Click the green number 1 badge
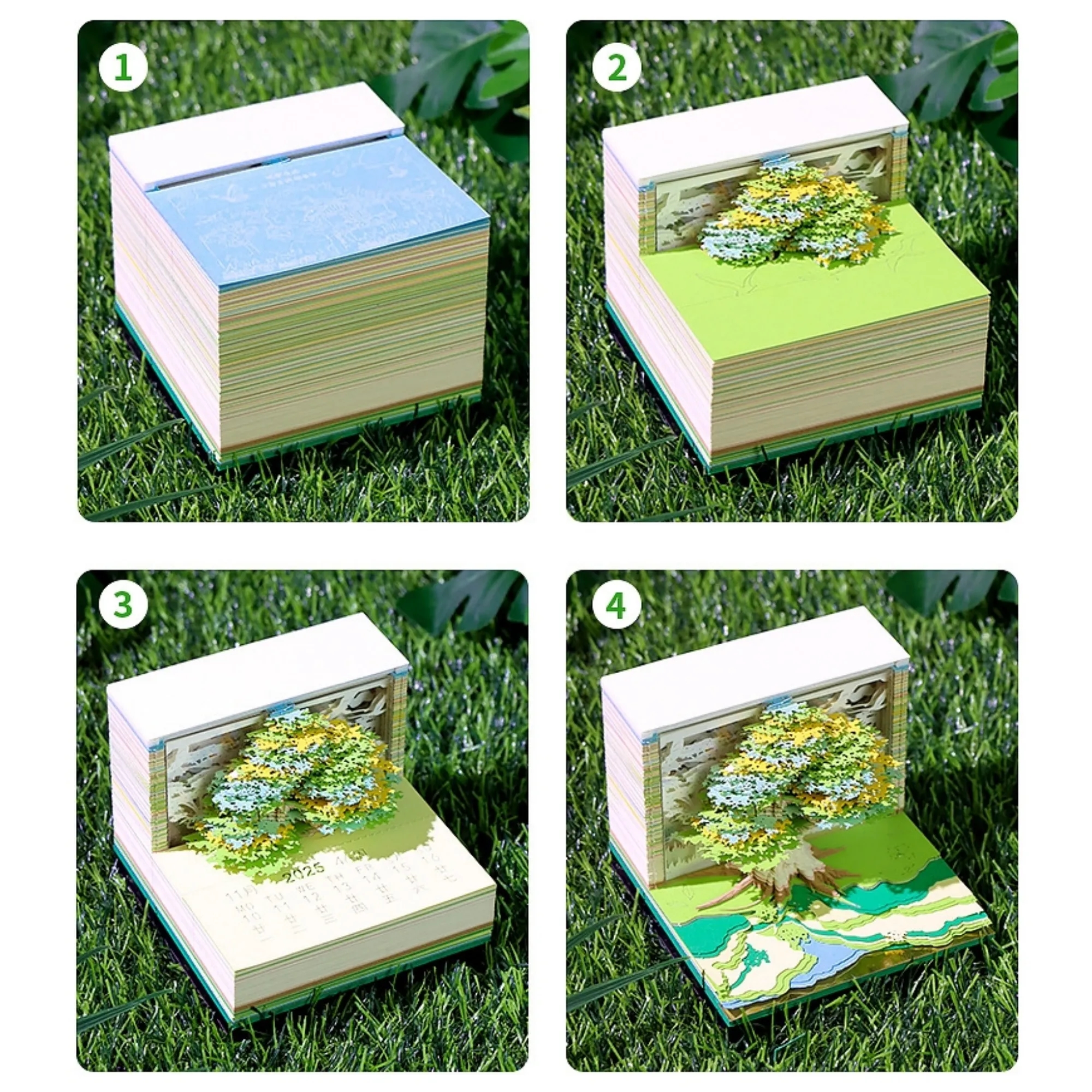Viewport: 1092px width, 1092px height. [x=123, y=68]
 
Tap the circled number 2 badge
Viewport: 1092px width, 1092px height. [x=616, y=68]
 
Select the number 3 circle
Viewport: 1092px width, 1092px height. [x=123, y=604]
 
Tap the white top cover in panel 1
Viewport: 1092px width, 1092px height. [x=254, y=133]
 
